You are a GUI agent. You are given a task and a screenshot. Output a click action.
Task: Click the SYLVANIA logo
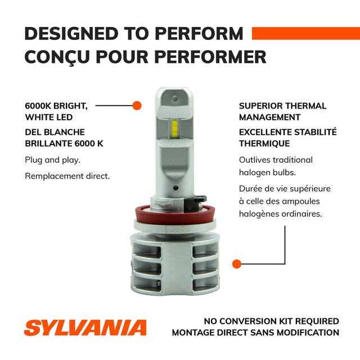click(85, 327)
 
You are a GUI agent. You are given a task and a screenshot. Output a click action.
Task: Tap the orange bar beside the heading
click(305, 33)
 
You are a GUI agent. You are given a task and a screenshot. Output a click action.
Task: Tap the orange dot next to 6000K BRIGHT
click(136, 105)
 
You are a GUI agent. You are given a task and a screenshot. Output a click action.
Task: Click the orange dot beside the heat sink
click(237, 263)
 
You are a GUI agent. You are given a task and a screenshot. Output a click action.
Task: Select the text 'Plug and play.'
click(53, 160)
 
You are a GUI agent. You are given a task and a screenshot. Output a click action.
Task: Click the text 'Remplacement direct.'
click(67, 176)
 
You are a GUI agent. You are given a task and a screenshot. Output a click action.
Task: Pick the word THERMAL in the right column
click(306, 106)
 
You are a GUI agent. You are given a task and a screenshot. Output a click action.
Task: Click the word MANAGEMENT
click(269, 118)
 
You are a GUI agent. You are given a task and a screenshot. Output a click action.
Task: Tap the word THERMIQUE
click(264, 143)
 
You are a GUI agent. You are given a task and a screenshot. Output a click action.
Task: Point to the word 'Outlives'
click(256, 160)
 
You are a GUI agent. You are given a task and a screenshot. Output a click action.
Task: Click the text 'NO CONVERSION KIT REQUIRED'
click(272, 321)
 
